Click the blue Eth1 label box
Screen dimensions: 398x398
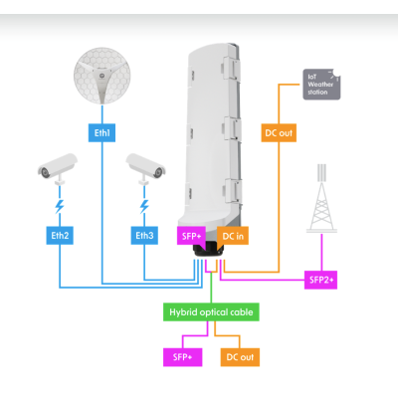point(101,133)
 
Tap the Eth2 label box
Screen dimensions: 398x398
point(60,236)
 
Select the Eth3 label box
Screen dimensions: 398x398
point(144,236)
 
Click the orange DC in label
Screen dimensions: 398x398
point(233,236)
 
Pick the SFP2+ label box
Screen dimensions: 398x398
point(320,280)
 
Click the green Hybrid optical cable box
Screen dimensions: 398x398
point(211,312)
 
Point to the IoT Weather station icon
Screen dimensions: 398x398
point(321,85)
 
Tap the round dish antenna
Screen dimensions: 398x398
point(101,76)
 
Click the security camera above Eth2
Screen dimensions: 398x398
point(58,168)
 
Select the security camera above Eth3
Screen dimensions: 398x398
point(145,168)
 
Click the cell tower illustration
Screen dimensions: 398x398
point(321,198)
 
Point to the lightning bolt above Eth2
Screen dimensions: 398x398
point(60,206)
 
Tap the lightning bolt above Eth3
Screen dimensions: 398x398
point(144,206)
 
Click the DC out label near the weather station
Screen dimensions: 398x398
point(279,133)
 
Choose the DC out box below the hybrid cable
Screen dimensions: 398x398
point(240,357)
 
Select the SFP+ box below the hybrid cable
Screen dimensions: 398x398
point(182,357)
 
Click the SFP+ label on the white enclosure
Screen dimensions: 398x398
point(191,236)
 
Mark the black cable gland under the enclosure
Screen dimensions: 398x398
point(209,249)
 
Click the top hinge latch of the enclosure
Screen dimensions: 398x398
point(232,69)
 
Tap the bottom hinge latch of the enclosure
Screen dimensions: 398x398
point(232,190)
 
